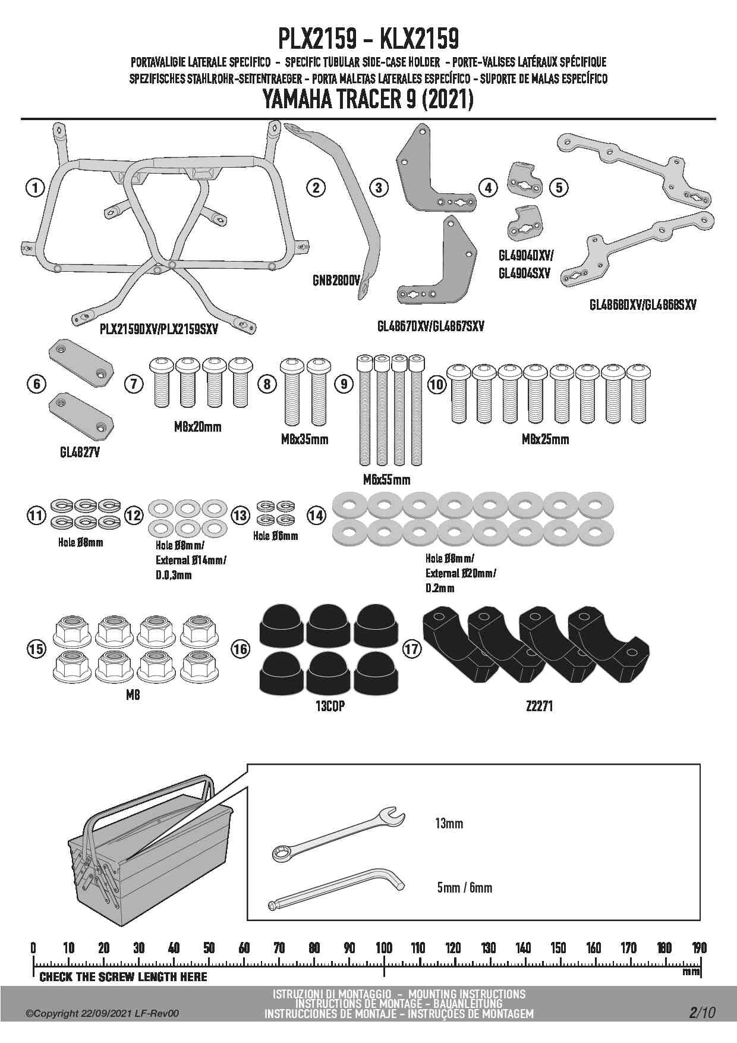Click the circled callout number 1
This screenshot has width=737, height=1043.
pos(36,188)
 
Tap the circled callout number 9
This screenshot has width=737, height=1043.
pos(344,384)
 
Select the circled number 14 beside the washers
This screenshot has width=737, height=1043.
pos(317,515)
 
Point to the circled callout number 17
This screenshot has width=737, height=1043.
pos(412,648)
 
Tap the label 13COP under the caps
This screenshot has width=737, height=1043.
pos(330,706)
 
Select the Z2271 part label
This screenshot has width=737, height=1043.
pos(539,706)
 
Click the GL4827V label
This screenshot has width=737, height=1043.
pos(80,453)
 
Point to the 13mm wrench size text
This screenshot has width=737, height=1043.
pos(449,824)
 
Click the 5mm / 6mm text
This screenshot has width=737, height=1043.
pos(465,888)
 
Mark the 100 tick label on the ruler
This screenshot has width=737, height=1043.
pos(384,948)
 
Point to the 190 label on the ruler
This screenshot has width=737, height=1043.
pos(700,948)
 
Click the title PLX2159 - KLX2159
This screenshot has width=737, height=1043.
pos(368,39)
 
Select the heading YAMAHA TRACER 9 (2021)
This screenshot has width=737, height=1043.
pos(368,100)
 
